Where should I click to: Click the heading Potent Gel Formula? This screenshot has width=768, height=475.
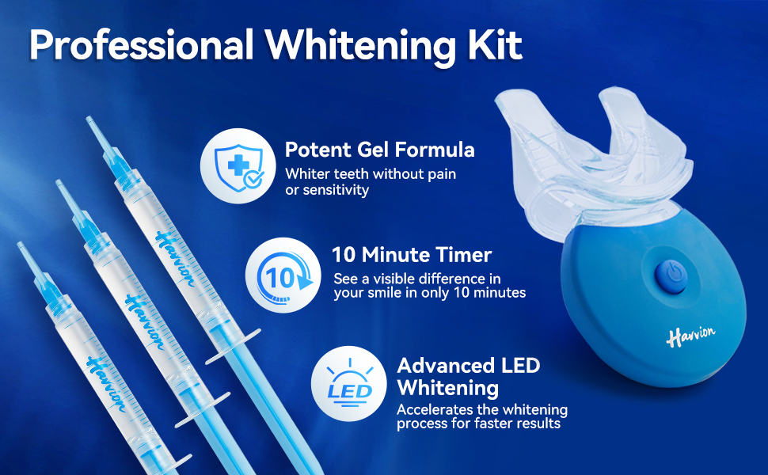380,150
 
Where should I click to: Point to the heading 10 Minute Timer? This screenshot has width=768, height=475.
412,255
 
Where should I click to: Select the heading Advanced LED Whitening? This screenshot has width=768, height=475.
468,376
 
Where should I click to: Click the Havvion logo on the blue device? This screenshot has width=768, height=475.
690,335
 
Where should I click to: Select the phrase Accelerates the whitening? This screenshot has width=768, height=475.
481,409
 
